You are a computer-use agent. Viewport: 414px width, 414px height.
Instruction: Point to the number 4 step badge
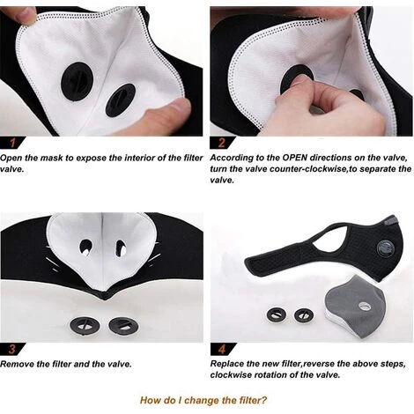click(x=219, y=348)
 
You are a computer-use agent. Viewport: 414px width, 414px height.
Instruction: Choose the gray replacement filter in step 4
click(x=352, y=304)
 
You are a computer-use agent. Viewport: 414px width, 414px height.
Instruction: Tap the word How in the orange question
click(x=152, y=397)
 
